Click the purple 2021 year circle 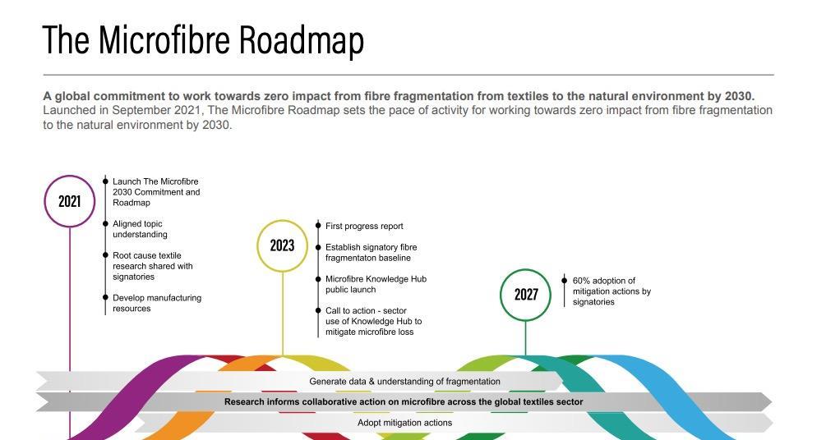click(x=70, y=200)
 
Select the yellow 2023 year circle click(x=282, y=245)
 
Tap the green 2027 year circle click(x=526, y=294)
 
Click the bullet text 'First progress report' click(x=364, y=226)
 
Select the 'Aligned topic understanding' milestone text click(x=140, y=229)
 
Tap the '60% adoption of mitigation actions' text click(x=611, y=291)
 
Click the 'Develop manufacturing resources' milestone click(x=156, y=303)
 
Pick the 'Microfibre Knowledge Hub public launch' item click(x=375, y=284)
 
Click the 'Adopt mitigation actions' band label click(x=404, y=423)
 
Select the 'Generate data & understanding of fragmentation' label click(x=404, y=382)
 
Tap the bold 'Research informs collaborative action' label click(x=404, y=402)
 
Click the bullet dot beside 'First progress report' click(x=318, y=226)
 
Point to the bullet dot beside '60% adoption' click(x=564, y=281)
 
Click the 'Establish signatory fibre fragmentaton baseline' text click(x=370, y=253)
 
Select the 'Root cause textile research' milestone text click(x=152, y=266)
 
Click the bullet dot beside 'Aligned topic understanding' click(x=105, y=224)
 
